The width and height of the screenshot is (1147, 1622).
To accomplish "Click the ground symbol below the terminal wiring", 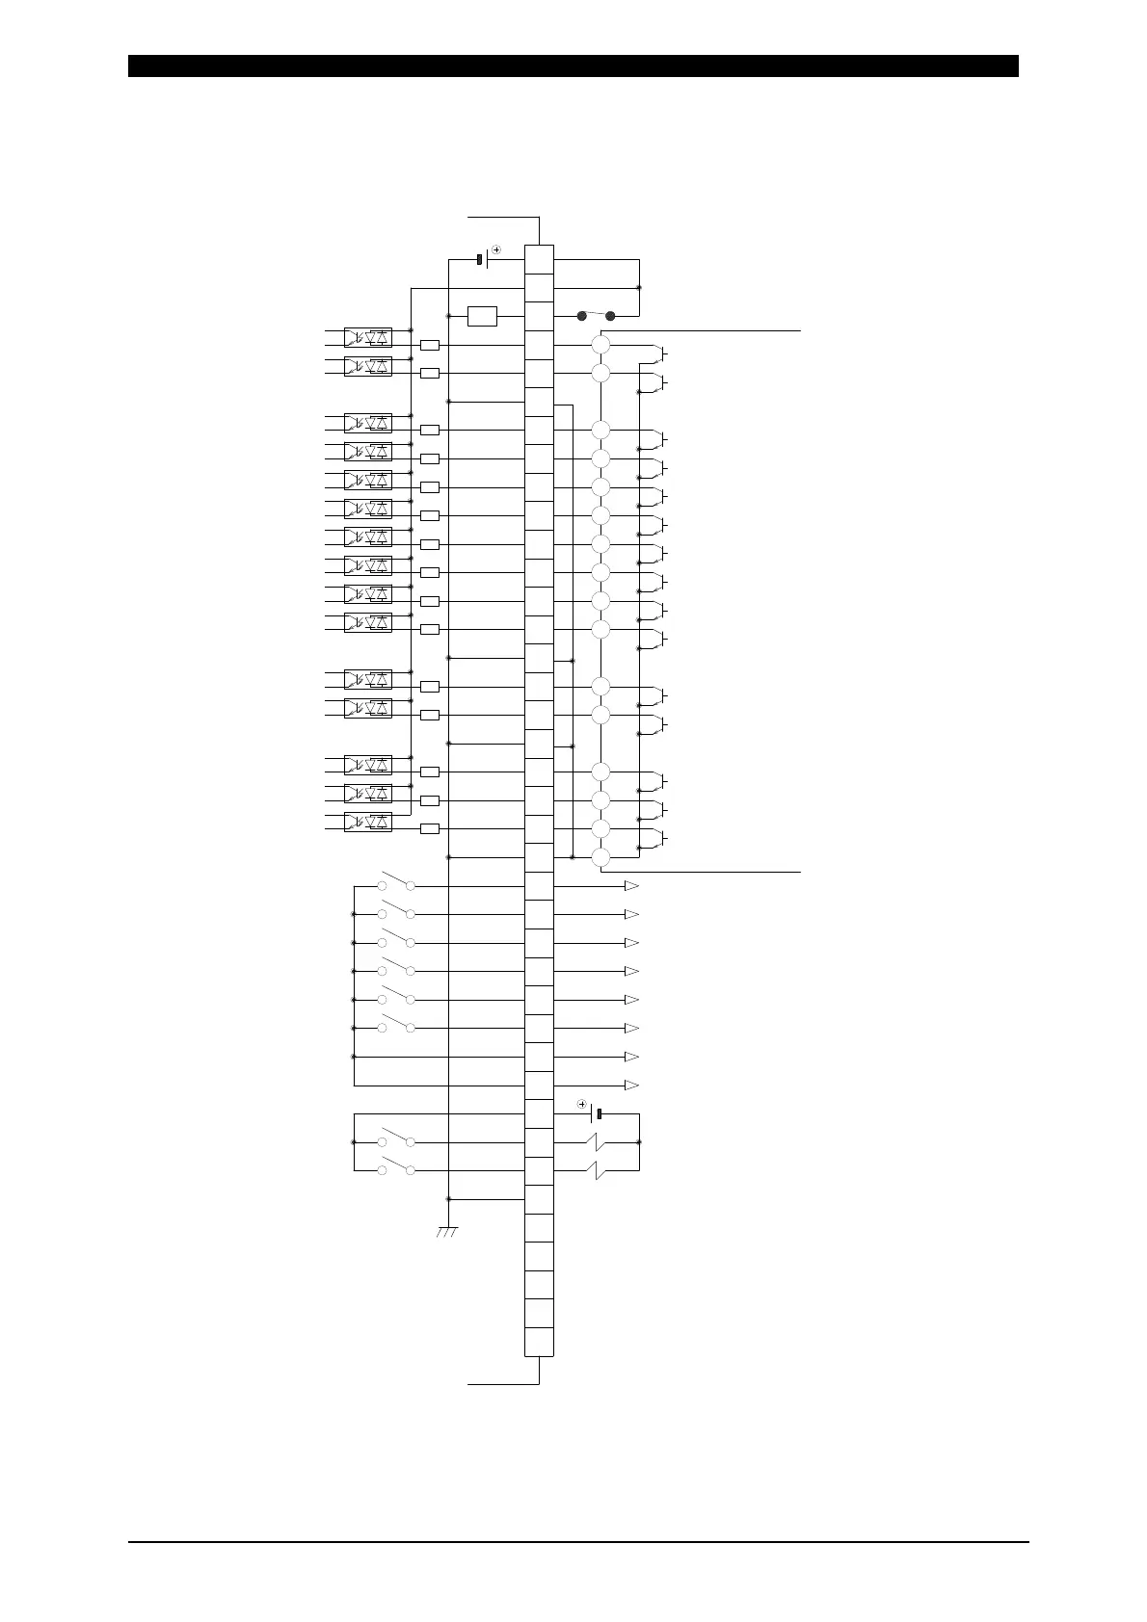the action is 447,1232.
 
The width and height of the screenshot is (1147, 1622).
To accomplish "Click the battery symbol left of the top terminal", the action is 483,259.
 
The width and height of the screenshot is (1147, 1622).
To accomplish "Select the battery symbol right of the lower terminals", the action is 596,1114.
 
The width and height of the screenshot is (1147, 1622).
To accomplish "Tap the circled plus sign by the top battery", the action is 496,249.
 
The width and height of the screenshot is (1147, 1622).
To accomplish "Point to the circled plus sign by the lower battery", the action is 581,1104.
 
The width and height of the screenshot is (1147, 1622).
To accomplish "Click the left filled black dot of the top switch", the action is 581,316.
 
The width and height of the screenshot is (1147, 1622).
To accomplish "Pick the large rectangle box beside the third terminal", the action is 482,316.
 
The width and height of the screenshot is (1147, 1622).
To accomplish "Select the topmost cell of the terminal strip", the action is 539,259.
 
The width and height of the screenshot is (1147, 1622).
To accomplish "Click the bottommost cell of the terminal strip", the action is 539,1342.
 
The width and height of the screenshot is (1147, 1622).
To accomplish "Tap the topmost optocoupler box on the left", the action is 368,337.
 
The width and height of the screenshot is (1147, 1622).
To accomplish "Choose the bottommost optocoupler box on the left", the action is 368,822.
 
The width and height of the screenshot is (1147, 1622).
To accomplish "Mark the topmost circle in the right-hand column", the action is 600,345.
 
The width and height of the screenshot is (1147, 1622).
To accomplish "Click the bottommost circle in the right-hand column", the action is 600,857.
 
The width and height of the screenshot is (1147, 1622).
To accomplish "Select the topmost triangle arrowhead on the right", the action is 631,886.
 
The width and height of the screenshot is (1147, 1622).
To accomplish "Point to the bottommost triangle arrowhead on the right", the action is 631,1086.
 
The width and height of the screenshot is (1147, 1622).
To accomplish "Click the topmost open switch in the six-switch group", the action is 396,883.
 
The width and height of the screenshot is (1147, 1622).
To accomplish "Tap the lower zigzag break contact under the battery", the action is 598,1170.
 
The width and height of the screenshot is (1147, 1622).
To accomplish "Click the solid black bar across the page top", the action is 573,65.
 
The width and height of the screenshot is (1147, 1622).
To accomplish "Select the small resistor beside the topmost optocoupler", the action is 430,345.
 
